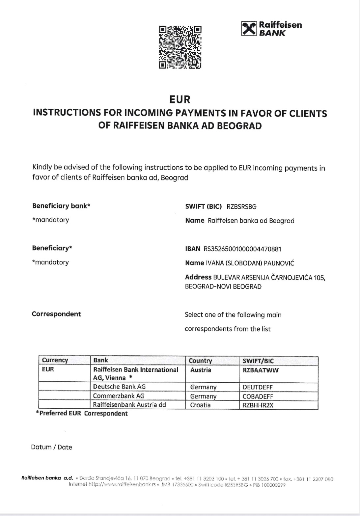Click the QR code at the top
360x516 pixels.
tap(180, 47)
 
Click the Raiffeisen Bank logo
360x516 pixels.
tap(272, 29)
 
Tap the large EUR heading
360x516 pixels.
tap(180, 99)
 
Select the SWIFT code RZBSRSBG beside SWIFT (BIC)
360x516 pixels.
tap(241, 207)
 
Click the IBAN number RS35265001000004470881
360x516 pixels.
tap(242, 249)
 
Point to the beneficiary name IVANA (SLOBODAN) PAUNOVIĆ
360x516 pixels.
tap(250, 263)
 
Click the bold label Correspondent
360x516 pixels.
tap(56, 314)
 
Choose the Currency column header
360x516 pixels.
tap(55, 360)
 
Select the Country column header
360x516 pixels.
tap(200, 361)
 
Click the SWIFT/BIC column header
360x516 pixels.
tap(258, 361)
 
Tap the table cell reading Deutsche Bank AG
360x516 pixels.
tap(119, 387)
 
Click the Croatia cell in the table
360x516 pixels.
tap(200, 405)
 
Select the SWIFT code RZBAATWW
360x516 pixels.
tap(261, 370)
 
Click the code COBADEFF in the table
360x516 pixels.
tap(258, 396)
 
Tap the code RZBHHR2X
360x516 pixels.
tap(258, 405)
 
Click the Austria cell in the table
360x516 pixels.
tap(201, 370)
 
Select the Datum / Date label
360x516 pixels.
tap(51, 447)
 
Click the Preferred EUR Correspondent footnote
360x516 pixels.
tap(82, 414)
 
